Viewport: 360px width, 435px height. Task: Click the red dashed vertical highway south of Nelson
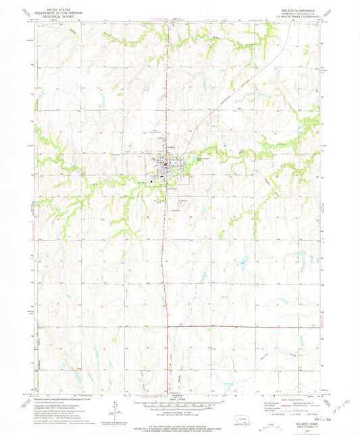coord(165,270)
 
